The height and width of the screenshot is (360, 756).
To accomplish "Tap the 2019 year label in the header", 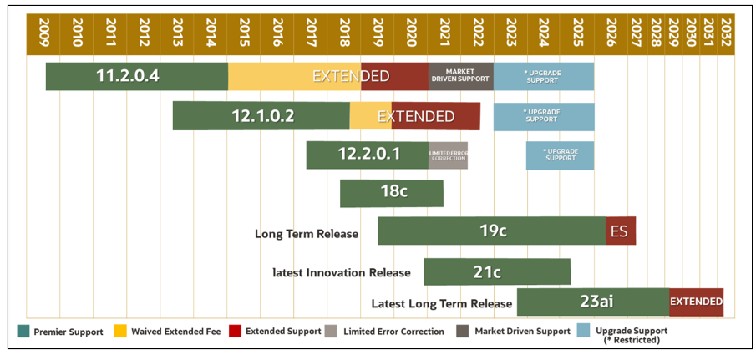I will [378, 33].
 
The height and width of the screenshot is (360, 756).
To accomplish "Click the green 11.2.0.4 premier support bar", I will [136, 76].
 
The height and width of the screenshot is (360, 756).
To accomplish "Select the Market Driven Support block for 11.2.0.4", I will [460, 76].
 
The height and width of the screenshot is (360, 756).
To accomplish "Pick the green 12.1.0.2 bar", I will [261, 116].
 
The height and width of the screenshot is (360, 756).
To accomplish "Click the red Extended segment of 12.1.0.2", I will [435, 116].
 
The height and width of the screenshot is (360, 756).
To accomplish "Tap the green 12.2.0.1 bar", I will [367, 155].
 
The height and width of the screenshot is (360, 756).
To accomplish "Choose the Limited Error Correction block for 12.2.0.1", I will [448, 155].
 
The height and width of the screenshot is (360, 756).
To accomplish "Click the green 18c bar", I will [391, 192].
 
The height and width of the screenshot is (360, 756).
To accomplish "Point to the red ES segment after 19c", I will [620, 231].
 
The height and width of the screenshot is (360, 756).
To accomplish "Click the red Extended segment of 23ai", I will [695, 302].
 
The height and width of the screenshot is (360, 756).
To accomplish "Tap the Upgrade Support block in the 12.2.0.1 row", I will [560, 155].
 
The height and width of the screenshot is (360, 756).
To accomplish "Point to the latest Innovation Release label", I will [342, 272].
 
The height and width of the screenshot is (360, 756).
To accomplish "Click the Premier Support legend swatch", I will [23, 332].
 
